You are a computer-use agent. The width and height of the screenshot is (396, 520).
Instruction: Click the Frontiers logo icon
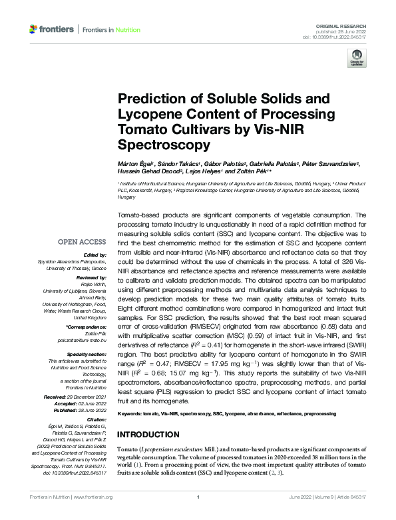point(33,29)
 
